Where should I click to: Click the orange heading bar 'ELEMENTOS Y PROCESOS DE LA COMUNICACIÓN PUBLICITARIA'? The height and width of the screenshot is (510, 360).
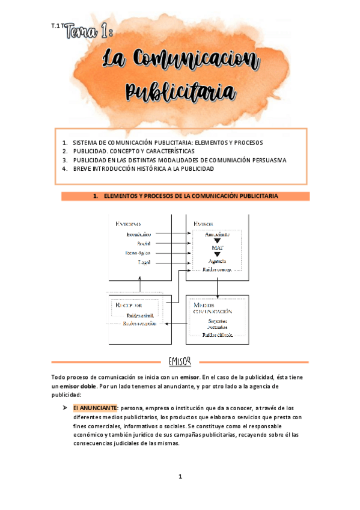click(185, 196)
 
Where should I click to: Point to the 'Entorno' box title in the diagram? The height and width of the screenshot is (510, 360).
click(128, 224)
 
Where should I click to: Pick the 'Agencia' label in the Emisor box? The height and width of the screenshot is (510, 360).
click(218, 261)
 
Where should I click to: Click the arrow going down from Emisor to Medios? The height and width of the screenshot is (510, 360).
click(218, 287)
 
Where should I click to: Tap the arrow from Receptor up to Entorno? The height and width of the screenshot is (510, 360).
click(140, 285)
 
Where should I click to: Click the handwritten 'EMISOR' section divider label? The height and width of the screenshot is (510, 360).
click(180, 361)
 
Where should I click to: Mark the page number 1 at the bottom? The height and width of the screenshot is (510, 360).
click(180, 477)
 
